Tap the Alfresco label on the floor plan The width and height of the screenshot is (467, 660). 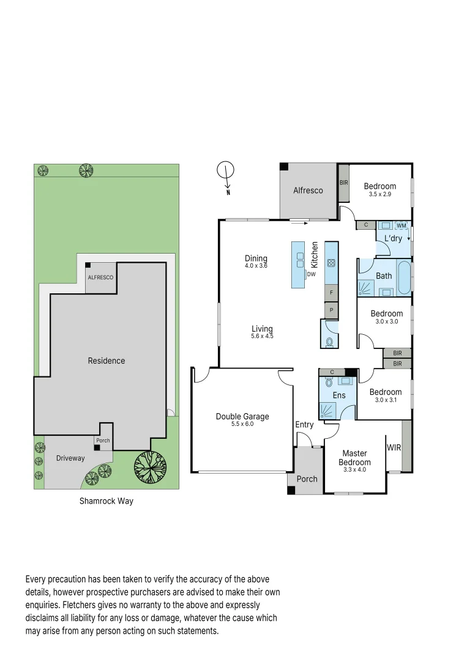click(308, 191)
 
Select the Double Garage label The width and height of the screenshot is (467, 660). click(242, 417)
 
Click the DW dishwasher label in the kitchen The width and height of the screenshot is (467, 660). click(312, 274)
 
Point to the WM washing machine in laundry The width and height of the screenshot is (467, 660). click(402, 226)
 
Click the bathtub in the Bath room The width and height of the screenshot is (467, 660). click(404, 278)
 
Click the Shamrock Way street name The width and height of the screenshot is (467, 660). click(106, 501)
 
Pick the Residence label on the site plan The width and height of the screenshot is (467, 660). click(106, 361)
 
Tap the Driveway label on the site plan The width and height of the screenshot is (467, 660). click(70, 458)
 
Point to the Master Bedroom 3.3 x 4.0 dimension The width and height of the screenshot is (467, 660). click(354, 469)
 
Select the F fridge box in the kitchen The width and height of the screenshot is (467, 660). click(331, 293)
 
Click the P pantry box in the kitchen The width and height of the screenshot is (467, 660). click(331, 310)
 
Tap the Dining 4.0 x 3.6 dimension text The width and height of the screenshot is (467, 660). click(256, 266)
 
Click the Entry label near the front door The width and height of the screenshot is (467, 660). click(304, 425)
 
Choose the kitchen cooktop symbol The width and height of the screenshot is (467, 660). click(331, 263)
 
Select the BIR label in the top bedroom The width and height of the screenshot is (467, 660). click(343, 183)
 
